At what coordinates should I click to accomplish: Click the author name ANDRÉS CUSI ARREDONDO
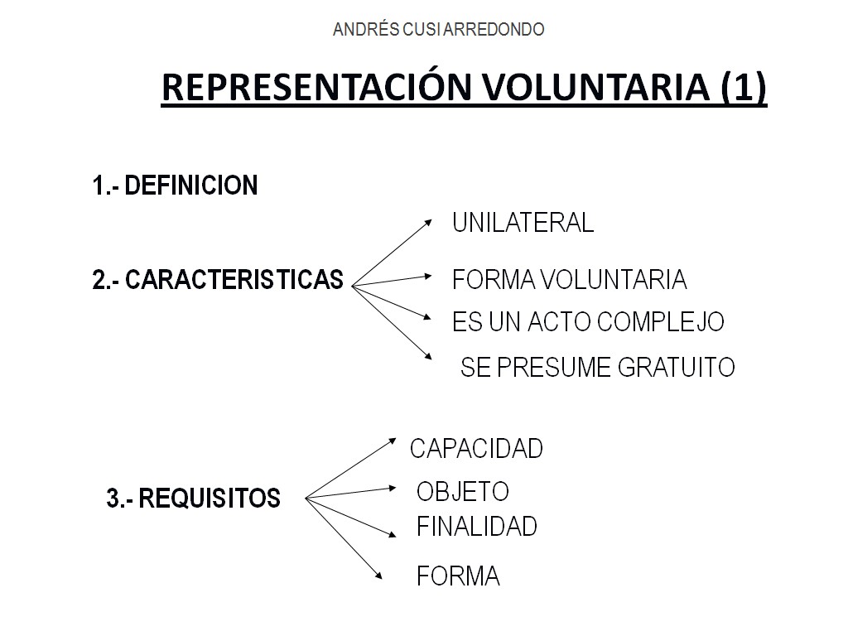[x=438, y=30]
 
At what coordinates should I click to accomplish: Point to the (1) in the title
[x=744, y=88]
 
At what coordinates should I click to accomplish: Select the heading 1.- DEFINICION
[x=175, y=185]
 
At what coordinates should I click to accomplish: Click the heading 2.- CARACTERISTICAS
[x=218, y=281]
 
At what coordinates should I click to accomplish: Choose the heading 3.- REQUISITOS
[x=194, y=499]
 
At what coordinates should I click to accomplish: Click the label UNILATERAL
[x=523, y=223]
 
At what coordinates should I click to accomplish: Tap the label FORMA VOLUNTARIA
[x=570, y=280]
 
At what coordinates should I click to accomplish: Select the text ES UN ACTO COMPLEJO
[x=588, y=322]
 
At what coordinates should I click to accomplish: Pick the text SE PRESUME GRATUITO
[x=597, y=367]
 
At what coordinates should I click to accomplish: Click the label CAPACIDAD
[x=476, y=449]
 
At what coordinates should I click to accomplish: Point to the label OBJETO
[x=462, y=492]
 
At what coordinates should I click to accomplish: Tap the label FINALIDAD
[x=476, y=526]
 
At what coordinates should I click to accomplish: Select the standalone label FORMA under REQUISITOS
[x=458, y=576]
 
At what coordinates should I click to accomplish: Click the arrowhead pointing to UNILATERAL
[x=428, y=221]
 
